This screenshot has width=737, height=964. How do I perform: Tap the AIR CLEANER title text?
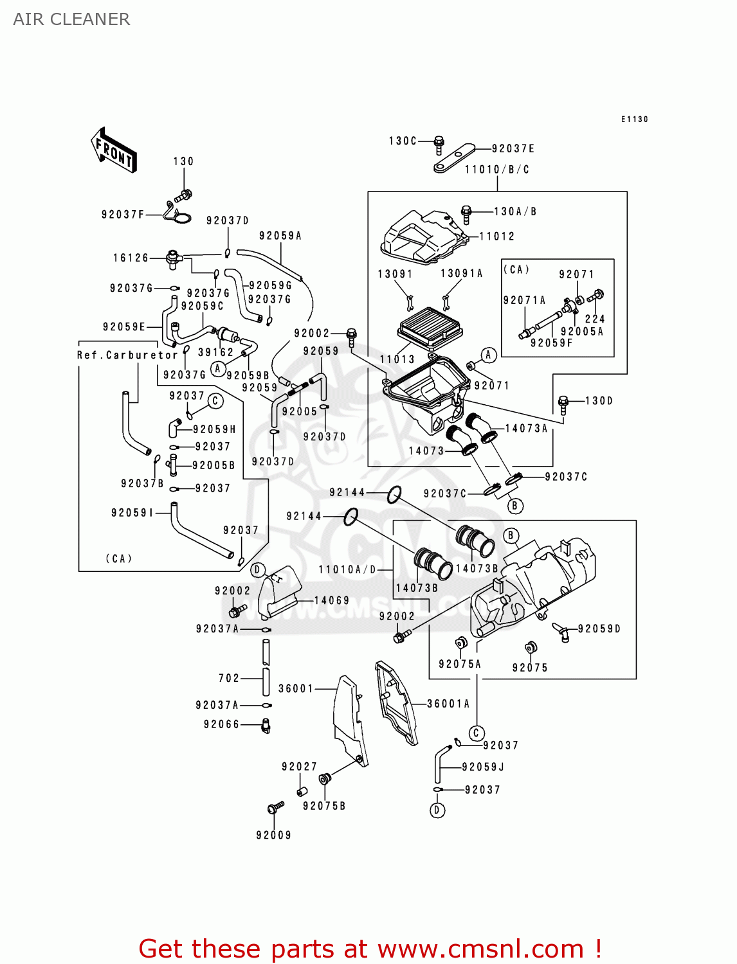coord(71,19)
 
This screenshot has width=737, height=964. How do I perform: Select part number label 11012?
coord(496,237)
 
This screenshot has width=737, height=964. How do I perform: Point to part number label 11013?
coord(397,359)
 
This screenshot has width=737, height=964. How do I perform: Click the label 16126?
coord(131,258)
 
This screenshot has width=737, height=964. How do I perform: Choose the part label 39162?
coord(215,352)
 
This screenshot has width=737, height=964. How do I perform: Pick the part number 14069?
coord(332,600)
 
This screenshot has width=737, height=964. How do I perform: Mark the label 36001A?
coord(448,704)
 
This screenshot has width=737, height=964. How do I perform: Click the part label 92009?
coord(273,835)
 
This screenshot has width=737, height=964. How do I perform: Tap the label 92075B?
coord(324,806)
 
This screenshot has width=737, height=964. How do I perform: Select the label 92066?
coord(221,724)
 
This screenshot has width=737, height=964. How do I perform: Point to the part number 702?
coord(229,678)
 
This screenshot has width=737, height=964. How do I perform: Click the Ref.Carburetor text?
coord(127,355)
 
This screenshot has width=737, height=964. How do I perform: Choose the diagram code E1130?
coord(634,120)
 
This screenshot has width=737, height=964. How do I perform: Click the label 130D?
coord(599,401)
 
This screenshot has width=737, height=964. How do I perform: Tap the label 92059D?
coord(599,629)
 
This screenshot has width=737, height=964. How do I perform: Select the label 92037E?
coord(513,148)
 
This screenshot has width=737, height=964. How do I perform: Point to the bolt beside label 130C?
coord(439,145)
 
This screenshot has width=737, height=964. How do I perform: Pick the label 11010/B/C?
coord(496,170)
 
